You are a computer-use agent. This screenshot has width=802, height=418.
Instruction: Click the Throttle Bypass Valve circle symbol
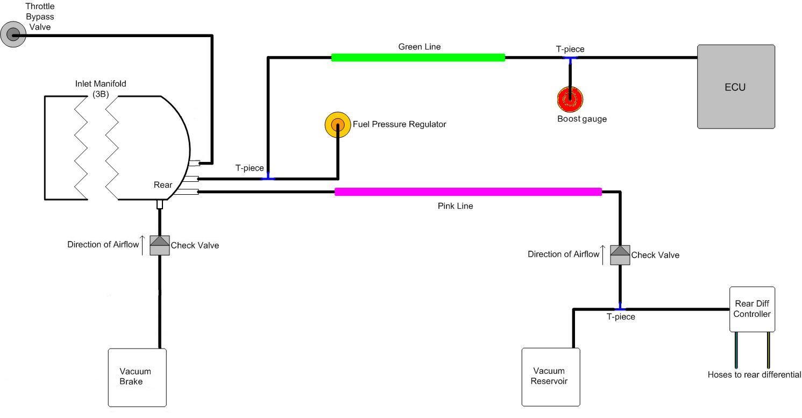12,36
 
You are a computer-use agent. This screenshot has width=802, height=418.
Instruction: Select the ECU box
735,87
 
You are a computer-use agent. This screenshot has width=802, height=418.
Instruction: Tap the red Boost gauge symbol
570,99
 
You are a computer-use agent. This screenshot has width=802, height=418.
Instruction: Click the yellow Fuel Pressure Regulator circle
337,125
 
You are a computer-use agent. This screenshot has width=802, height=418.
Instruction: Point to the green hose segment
418,58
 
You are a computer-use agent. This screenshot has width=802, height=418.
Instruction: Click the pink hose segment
468,192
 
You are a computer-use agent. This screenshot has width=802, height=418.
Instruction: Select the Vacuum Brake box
137,377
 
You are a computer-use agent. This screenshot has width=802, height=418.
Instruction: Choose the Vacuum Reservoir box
551,377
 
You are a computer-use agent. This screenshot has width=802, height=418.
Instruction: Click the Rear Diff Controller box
752,309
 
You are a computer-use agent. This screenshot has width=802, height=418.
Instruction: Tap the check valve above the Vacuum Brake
160,245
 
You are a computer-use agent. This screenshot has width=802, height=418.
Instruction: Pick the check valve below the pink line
620,255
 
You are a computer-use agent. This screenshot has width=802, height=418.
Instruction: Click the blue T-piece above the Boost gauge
570,58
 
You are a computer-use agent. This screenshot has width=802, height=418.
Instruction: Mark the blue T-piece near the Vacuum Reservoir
620,309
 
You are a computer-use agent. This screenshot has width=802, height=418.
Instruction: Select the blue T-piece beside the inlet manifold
268,178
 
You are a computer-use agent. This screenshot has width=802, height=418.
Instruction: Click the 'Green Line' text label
419,47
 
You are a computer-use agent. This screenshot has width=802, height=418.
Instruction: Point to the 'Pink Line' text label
455,206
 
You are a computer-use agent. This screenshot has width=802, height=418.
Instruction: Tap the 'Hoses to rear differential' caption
754,375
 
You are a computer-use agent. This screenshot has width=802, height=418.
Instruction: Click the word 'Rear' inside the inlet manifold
163,185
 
